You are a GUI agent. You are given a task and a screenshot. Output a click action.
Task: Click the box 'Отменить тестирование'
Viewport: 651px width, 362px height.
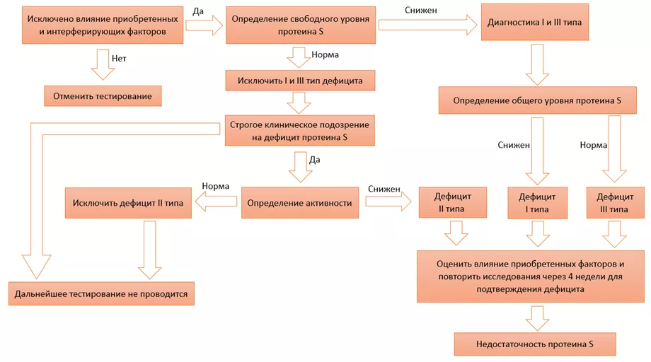pos(103,96)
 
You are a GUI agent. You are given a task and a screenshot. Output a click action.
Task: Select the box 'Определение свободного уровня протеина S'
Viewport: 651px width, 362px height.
pos(300,25)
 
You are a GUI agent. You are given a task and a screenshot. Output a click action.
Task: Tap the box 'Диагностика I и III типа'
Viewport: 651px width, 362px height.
pos(534,22)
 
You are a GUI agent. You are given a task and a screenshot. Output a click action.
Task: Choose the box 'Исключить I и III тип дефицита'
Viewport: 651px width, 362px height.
pos(300,81)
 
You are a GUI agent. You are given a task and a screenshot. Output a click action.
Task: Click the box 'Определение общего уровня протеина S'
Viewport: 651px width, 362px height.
pos(536,100)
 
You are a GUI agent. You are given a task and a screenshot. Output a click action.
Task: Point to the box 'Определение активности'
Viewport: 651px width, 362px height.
pos(299,203)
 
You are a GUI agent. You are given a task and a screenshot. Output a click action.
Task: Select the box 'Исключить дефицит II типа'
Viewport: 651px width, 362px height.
pos(128,203)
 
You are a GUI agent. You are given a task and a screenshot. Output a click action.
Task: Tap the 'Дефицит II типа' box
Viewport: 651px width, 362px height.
pos(452,203)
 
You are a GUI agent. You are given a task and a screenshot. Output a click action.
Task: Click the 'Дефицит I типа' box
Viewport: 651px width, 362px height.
pos(537,203)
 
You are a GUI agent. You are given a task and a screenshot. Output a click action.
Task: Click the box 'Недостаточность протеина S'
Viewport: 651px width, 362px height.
pos(534,344)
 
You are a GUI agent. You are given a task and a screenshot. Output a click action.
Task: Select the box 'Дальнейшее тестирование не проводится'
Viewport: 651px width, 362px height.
pos(101,294)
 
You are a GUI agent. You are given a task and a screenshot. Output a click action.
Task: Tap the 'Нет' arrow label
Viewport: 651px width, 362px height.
pos(119,59)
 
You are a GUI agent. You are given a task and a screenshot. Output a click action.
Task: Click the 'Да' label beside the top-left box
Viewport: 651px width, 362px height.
pos(198,12)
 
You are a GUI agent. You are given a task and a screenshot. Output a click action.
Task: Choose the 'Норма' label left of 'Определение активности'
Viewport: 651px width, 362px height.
pos(216,187)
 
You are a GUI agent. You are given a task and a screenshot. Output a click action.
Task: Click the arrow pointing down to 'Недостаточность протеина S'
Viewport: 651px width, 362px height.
pos(536,317)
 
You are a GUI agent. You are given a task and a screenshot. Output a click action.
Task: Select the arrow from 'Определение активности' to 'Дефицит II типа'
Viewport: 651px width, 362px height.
pos(388,203)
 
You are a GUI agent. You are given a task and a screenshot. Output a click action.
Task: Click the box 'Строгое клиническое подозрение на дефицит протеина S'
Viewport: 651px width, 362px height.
pos(299,132)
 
